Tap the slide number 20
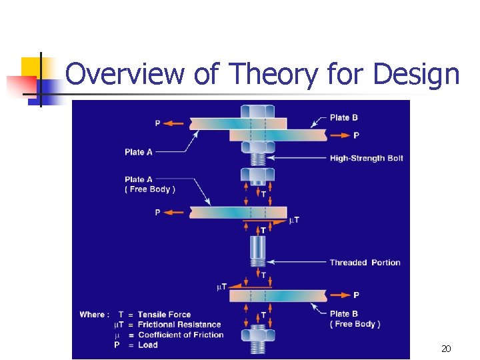pos(446,349)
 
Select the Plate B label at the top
pos(344,118)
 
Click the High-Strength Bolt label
pos(366,158)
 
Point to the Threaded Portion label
pos(365,262)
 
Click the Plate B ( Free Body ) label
pos(355,319)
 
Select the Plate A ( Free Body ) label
pos(150,184)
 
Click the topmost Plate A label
pos(139,152)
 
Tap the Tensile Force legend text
pos(164,315)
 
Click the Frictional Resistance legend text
pos(179,325)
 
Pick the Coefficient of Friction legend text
pos(181,335)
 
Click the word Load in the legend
pos(147,345)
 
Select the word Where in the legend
pos(93,315)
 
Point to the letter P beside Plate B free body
pos(356,295)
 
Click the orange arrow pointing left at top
pos(175,123)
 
